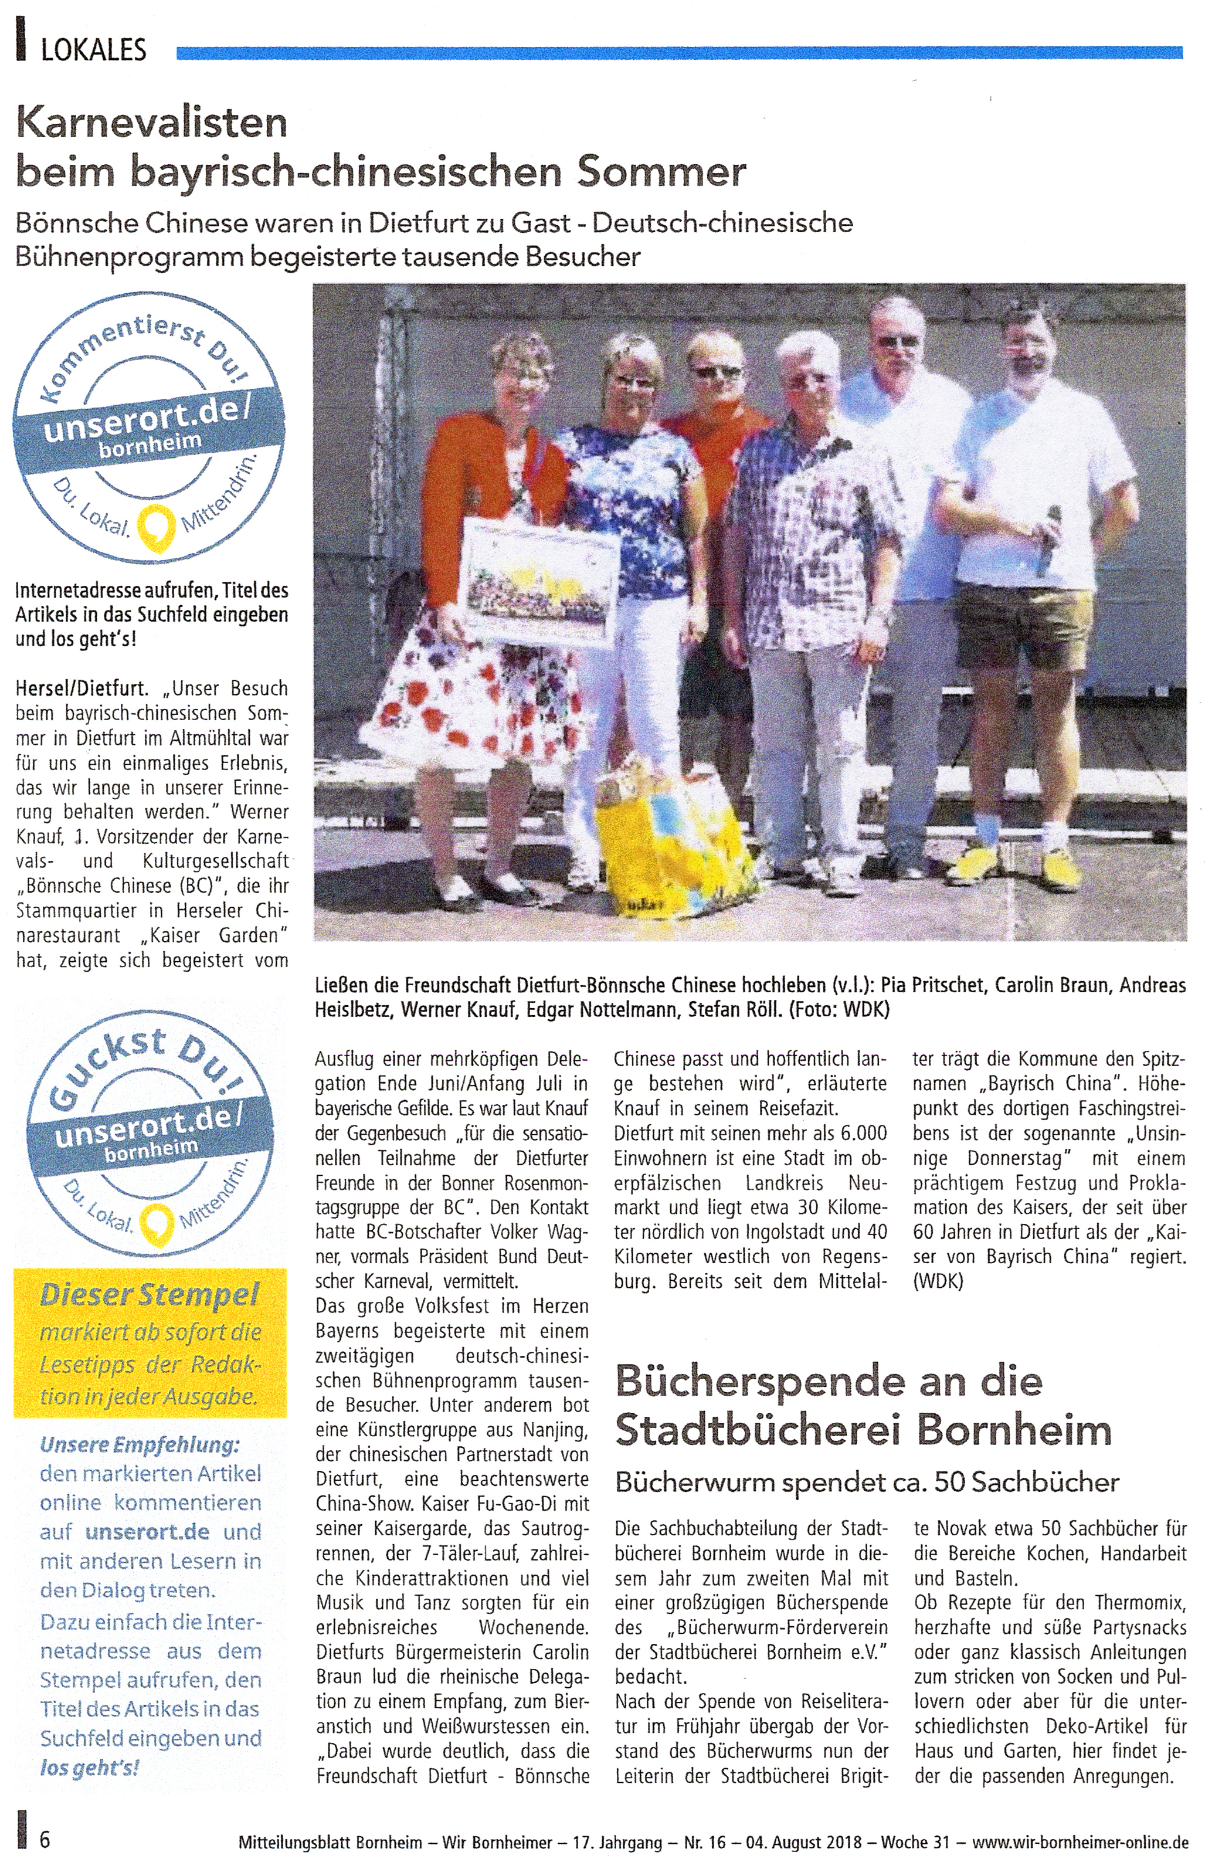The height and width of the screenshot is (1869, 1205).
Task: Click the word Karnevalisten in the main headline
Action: click(x=152, y=123)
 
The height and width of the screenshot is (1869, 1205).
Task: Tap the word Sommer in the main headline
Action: click(x=661, y=172)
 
